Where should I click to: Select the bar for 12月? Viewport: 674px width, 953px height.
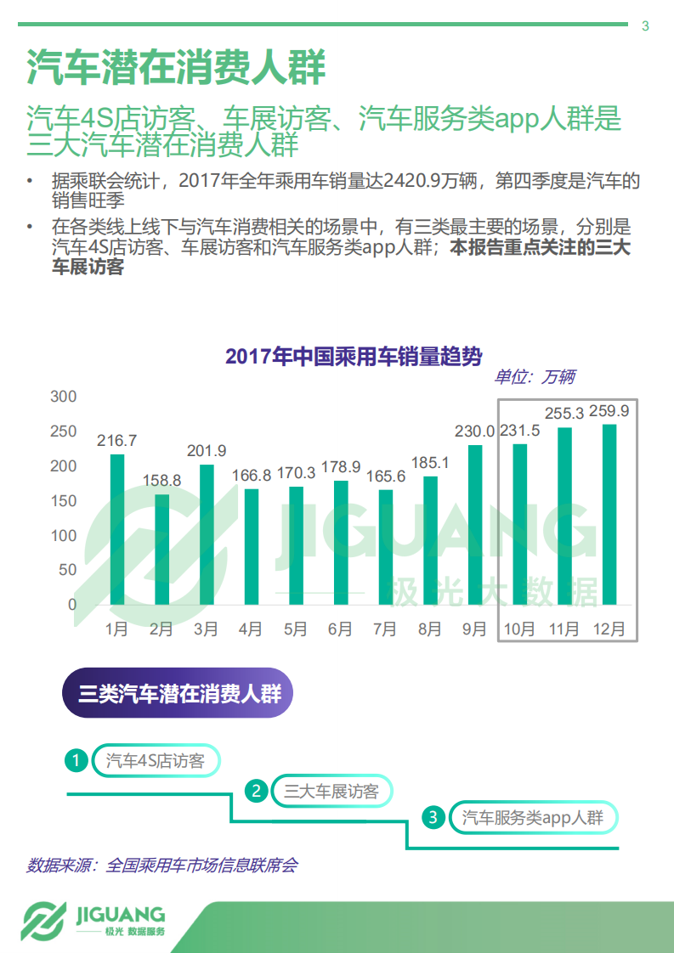pyautogui.click(x=609, y=514)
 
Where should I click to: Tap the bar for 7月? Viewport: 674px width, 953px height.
pyautogui.click(x=385, y=547)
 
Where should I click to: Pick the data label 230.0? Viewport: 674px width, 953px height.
pyautogui.click(x=474, y=431)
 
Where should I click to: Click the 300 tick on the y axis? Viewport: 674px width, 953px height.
pyautogui.click(x=64, y=397)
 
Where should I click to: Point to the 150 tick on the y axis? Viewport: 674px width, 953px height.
pyautogui.click(x=64, y=501)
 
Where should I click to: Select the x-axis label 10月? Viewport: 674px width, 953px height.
pyautogui.click(x=519, y=629)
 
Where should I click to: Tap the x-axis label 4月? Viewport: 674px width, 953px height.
pyautogui.click(x=251, y=629)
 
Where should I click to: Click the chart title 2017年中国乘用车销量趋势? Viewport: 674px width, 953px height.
pyautogui.click(x=354, y=356)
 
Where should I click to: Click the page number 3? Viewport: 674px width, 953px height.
pyautogui.click(x=645, y=26)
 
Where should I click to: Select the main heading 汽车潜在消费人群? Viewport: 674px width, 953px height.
pyautogui.click(x=176, y=67)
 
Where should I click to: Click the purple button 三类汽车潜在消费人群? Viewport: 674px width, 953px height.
pyautogui.click(x=178, y=694)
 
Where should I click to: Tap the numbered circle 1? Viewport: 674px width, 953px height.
pyautogui.click(x=77, y=760)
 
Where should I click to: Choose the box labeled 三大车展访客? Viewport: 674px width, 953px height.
pyautogui.click(x=331, y=792)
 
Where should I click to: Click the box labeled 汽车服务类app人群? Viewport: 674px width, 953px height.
pyautogui.click(x=533, y=818)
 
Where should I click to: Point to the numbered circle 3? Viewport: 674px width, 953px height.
pyautogui.click(x=433, y=818)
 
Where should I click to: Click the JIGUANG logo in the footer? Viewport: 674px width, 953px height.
pyautogui.click(x=93, y=921)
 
